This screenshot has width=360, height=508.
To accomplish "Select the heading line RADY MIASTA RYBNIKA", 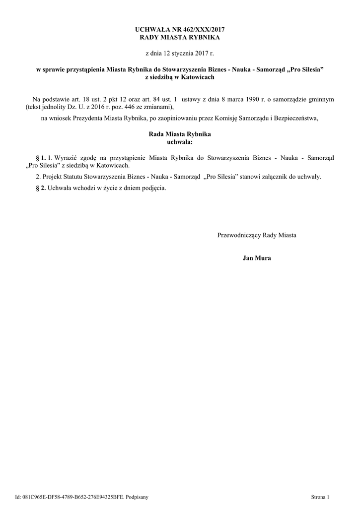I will (x=180, y=37).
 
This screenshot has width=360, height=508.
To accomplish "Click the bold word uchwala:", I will (x=180, y=142).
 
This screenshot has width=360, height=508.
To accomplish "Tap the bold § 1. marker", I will (x=41, y=157).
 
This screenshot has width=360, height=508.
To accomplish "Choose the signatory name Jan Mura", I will (x=257, y=258).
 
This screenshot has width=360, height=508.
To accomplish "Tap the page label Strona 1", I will (x=320, y=496).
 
